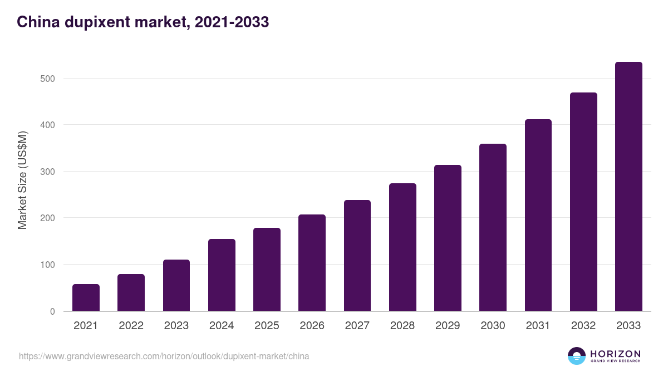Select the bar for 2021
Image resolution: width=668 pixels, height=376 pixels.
(x=86, y=297)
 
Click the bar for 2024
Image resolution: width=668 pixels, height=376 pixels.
(x=222, y=275)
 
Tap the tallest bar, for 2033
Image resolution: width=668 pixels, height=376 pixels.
(x=628, y=187)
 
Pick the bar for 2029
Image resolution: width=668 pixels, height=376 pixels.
(x=448, y=238)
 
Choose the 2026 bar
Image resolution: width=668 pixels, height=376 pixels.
(x=312, y=263)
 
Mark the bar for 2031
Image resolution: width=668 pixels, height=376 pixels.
(x=538, y=215)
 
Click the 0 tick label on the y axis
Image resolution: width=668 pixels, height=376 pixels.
(x=52, y=311)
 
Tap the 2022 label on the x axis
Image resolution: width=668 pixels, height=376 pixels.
(x=131, y=326)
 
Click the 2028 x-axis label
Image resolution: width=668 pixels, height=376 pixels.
(x=402, y=326)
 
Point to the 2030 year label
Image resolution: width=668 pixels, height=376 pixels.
(x=493, y=326)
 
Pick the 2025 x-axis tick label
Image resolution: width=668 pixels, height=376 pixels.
(x=267, y=326)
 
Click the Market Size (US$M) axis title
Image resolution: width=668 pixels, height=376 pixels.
(x=22, y=180)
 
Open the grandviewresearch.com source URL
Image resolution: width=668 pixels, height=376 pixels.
(x=164, y=356)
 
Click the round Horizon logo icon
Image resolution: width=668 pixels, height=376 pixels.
(x=577, y=356)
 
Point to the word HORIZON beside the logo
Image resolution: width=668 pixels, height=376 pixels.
(x=615, y=354)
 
